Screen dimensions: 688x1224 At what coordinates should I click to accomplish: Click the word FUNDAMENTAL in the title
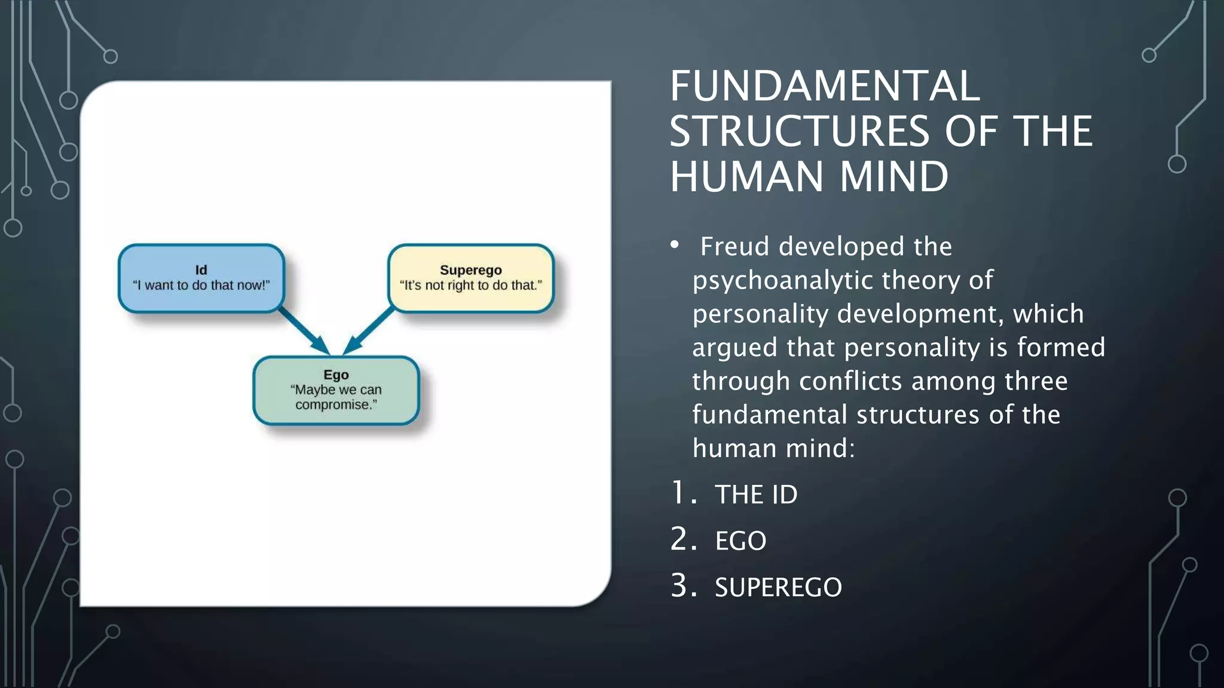tap(824, 87)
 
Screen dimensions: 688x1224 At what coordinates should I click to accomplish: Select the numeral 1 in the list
tap(680, 493)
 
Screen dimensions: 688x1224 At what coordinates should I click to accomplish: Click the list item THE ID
tap(756, 494)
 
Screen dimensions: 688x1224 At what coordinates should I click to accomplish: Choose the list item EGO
tap(740, 541)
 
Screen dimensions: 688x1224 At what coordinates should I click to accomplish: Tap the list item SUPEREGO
tap(778, 588)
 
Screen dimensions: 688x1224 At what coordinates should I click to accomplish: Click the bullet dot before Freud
tap(675, 245)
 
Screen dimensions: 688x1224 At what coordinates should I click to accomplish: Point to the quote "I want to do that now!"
tap(201, 285)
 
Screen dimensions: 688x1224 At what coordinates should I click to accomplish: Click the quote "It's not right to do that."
tap(471, 285)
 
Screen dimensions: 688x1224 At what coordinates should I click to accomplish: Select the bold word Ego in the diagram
tap(336, 374)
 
